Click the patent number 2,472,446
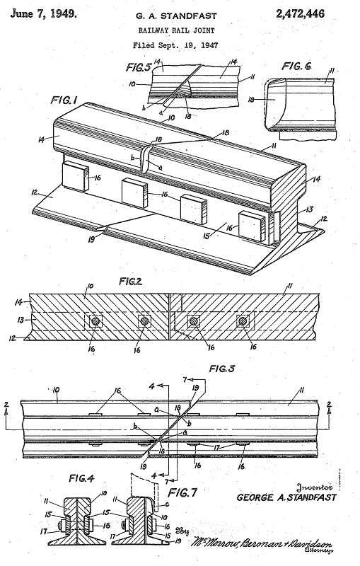tap(317, 13)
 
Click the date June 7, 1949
tap(42, 13)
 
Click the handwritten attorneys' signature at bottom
tap(269, 543)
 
